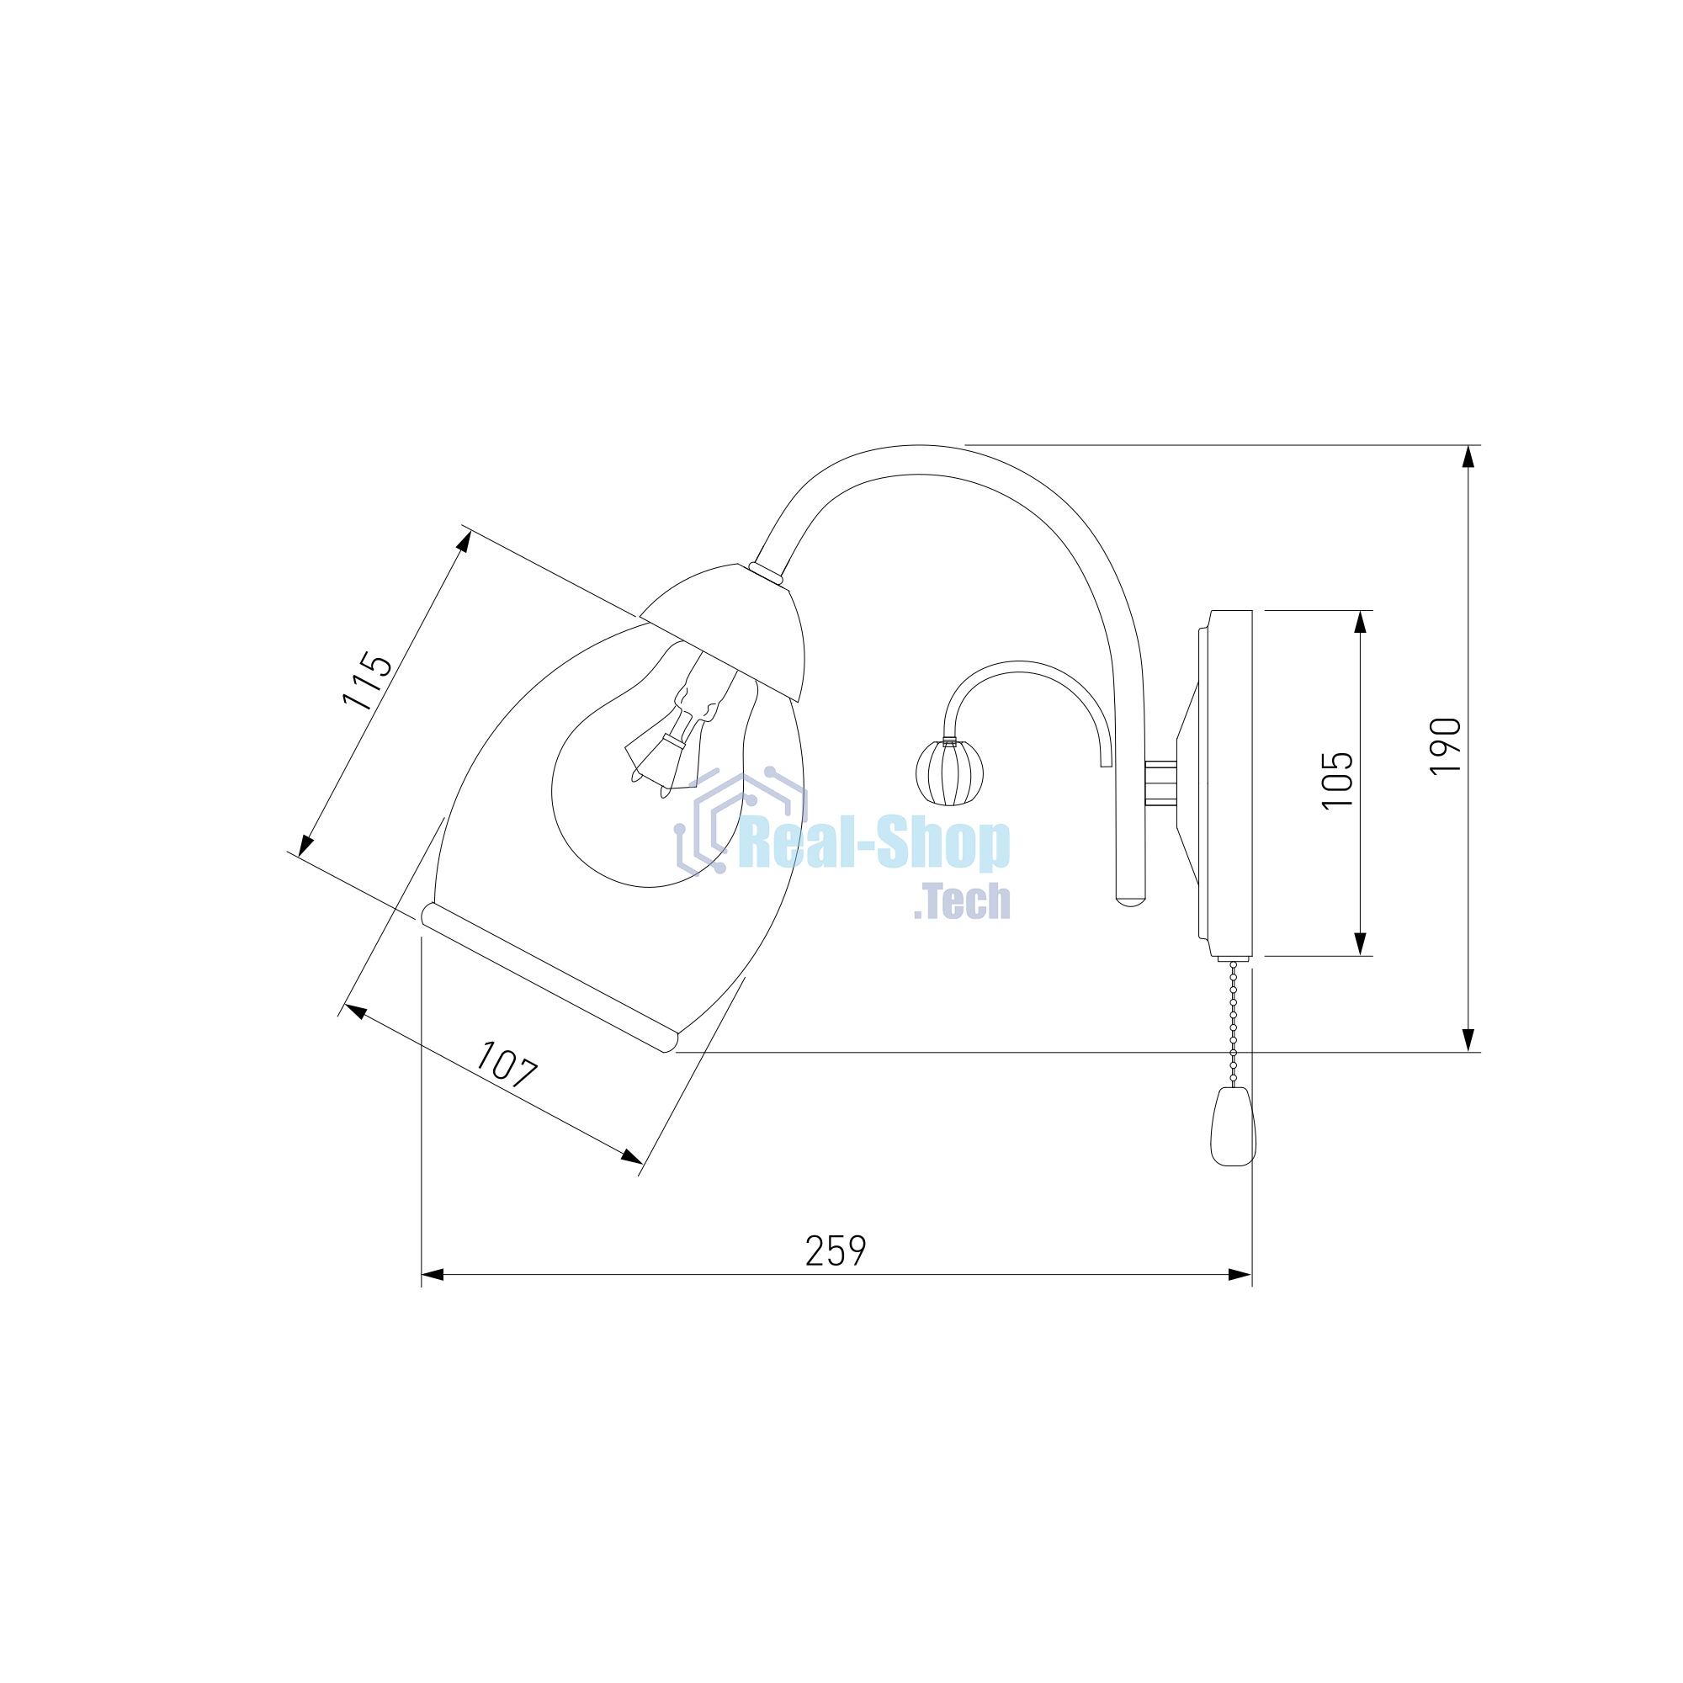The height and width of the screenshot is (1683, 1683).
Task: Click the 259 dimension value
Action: pyautogui.click(x=836, y=1251)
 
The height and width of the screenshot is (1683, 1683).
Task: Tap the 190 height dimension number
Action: pyautogui.click(x=1446, y=746)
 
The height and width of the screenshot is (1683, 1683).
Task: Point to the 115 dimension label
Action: pyautogui.click(x=367, y=680)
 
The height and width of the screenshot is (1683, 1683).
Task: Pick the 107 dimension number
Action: pyautogui.click(x=506, y=1064)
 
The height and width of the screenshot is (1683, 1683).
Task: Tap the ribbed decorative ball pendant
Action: pyautogui.click(x=949, y=772)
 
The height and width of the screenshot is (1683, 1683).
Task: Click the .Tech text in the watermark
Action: pyautogui.click(x=963, y=900)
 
